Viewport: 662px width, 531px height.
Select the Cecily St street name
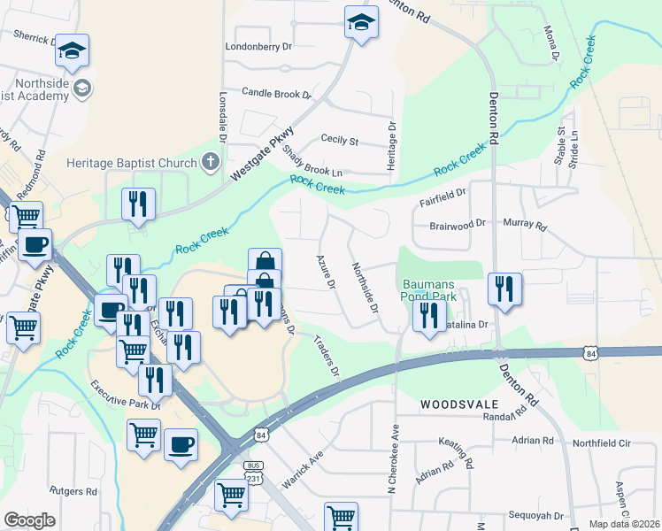click(339, 141)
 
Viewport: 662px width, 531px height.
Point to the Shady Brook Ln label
click(312, 160)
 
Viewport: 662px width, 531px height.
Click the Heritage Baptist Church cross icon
click(211, 162)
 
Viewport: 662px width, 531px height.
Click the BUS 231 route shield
click(255, 470)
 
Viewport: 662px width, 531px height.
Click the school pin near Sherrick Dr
click(73, 50)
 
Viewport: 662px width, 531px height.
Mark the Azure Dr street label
click(326, 273)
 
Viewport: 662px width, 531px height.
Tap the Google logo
click(31, 519)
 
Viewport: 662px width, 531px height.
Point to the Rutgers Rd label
click(73, 490)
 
